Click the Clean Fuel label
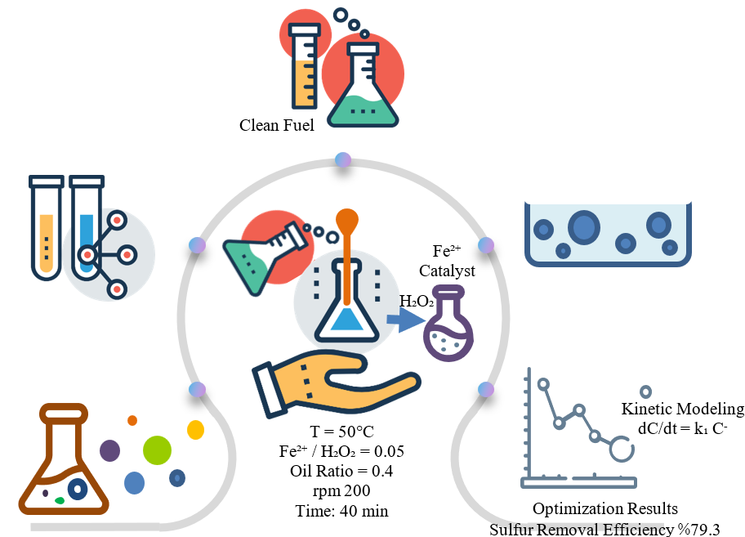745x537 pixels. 276,125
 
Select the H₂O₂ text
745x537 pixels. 416,301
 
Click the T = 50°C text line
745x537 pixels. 334,432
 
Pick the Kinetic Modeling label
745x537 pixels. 682,409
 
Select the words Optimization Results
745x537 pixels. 604,509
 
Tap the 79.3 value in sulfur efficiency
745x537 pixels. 705,529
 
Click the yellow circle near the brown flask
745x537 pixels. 195,429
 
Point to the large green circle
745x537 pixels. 157,450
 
